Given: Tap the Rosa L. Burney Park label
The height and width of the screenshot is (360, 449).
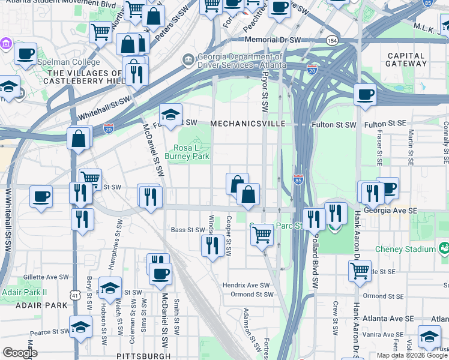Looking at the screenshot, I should click(191, 152).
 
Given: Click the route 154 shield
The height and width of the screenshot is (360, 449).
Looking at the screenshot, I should click(332, 40).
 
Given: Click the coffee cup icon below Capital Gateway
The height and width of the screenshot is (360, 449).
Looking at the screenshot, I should click(365, 94).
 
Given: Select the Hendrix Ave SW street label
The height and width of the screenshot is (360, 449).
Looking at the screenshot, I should click(247, 285).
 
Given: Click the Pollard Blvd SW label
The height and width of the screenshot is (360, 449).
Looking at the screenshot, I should click(313, 259).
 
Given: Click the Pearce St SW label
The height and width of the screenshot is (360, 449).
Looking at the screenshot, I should click(49, 331).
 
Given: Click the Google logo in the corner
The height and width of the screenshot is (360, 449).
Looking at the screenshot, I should click(19, 353).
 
